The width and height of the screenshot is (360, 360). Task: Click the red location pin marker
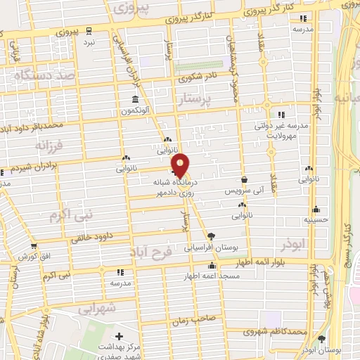click(x=181, y=164)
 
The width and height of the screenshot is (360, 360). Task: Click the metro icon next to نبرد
click(x=89, y=31)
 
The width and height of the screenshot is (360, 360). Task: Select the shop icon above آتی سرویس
click(x=243, y=179)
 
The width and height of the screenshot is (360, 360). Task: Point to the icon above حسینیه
click(x=316, y=209)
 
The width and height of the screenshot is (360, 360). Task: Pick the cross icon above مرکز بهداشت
click(x=118, y=338)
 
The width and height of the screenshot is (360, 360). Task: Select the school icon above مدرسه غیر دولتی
click(x=281, y=115)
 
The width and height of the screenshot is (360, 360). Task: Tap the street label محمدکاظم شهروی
click(x=282, y=331)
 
